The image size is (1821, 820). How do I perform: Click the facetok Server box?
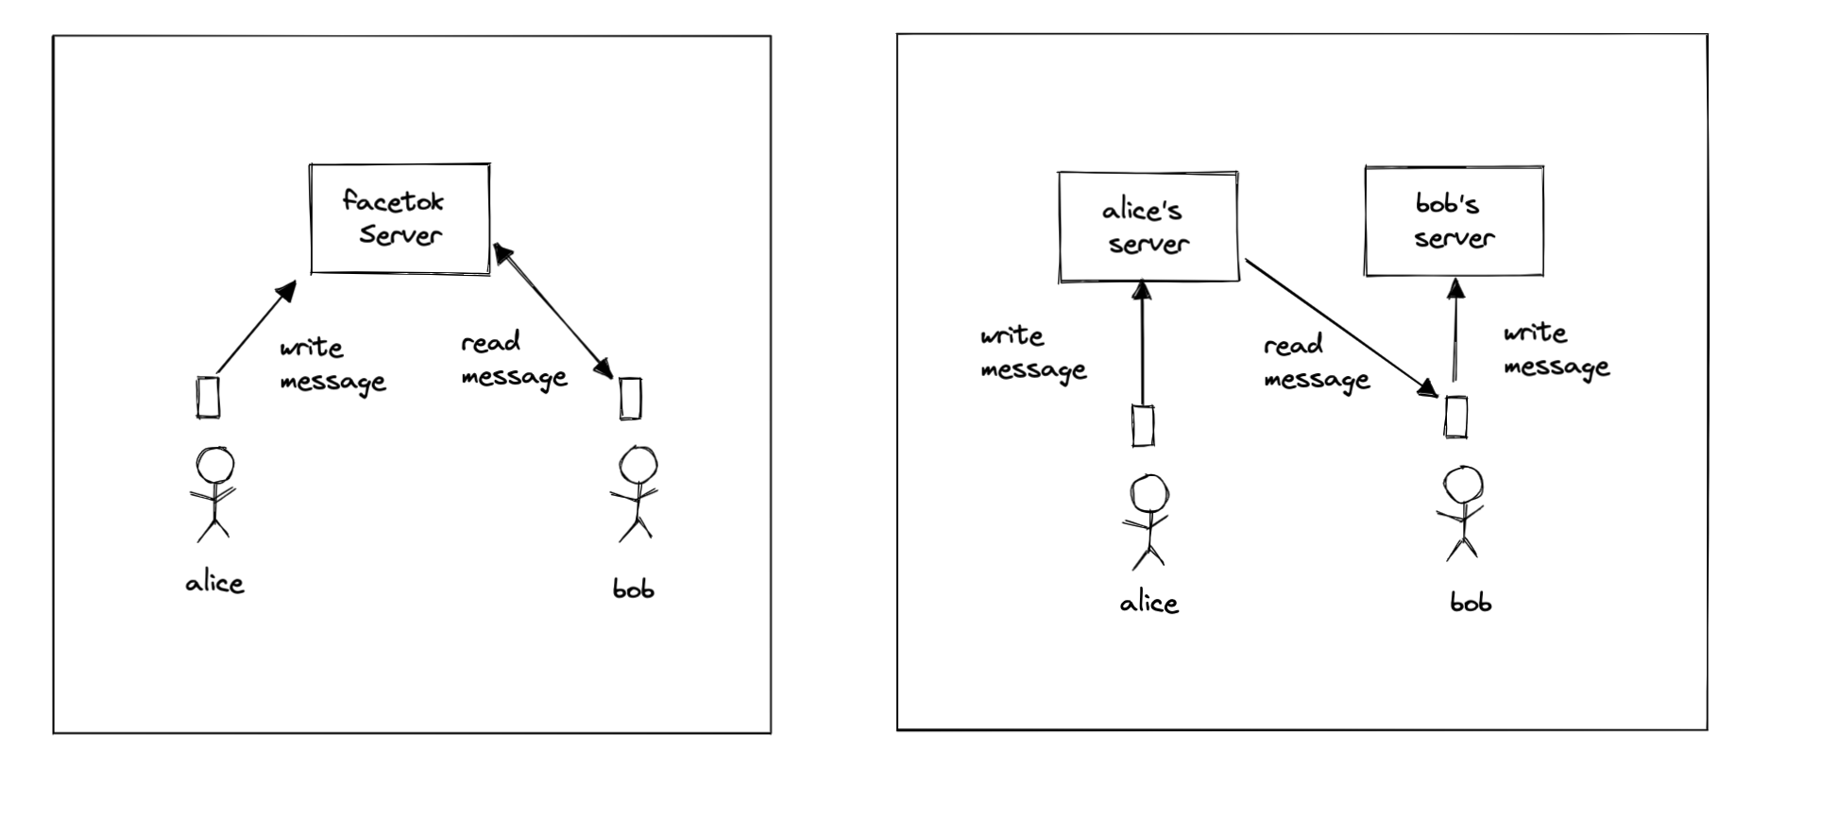400,218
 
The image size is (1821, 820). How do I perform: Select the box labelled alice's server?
1148,227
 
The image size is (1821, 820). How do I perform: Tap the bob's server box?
1454,221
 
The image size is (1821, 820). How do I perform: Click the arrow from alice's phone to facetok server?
255,327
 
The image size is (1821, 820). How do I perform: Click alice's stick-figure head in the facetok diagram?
214,465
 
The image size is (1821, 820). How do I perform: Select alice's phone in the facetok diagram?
208,398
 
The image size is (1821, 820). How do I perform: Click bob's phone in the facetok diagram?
630,398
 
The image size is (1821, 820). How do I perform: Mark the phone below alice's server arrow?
1143,425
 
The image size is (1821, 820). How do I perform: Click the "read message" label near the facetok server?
513,360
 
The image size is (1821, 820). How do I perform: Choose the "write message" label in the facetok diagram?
332,365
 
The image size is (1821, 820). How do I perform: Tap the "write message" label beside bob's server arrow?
1556,350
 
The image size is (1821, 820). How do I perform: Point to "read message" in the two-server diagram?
1316,363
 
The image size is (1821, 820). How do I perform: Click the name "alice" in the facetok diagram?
214,583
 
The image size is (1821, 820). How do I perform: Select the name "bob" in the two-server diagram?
1471,602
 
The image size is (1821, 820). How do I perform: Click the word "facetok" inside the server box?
392,201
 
